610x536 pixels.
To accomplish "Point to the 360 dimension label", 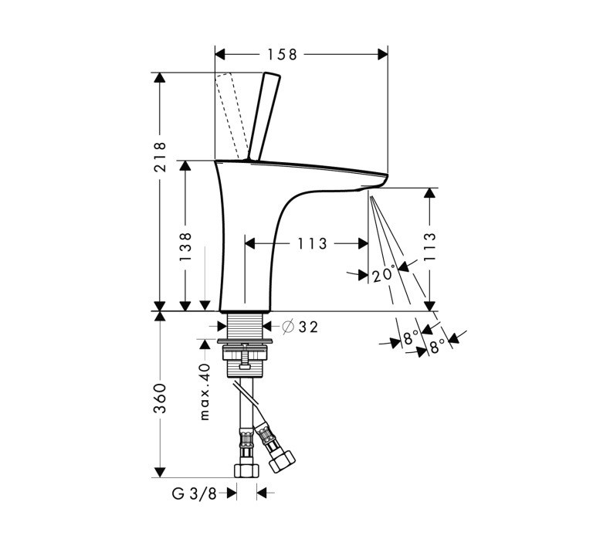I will (x=160, y=398).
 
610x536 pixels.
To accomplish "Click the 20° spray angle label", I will (x=384, y=275).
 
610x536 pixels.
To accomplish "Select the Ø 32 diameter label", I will (x=300, y=327).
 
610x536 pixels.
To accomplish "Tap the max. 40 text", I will (x=205, y=392).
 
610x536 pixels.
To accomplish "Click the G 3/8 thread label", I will (x=194, y=491).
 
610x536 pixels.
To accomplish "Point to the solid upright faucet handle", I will (x=263, y=116).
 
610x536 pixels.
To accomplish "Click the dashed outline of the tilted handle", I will (x=230, y=112).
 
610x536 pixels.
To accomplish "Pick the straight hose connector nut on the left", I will (x=246, y=468).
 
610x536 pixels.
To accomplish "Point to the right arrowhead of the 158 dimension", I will (x=381, y=54).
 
